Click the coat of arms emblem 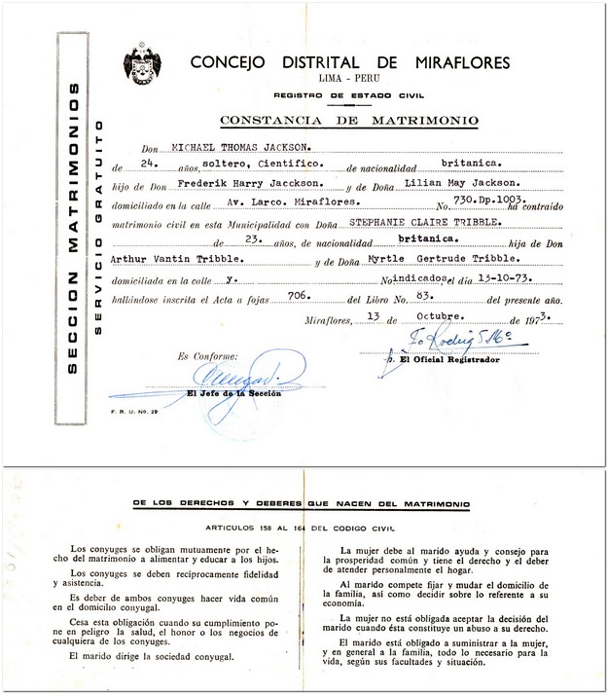point(142,65)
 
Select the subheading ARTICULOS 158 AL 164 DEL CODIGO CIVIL point(304,526)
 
